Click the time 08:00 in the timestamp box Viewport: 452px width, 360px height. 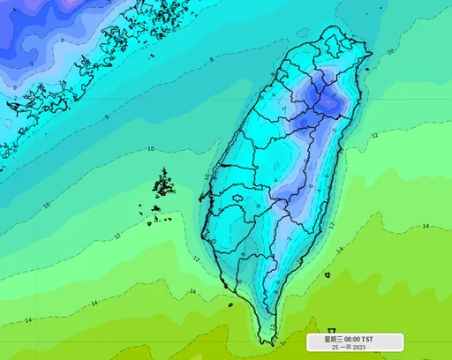coord(353,339)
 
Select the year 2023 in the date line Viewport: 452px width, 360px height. coord(360,348)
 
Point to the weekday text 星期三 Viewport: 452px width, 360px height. coord(333,339)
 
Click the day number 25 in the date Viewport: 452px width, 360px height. coord(335,348)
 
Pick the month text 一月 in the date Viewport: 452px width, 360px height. coord(345,348)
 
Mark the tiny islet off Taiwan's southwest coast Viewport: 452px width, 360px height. coord(230,305)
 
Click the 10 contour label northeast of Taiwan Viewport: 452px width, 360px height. coord(390,53)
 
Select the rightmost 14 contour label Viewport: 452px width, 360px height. coord(426,226)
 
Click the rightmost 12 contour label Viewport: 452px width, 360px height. coord(374,136)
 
